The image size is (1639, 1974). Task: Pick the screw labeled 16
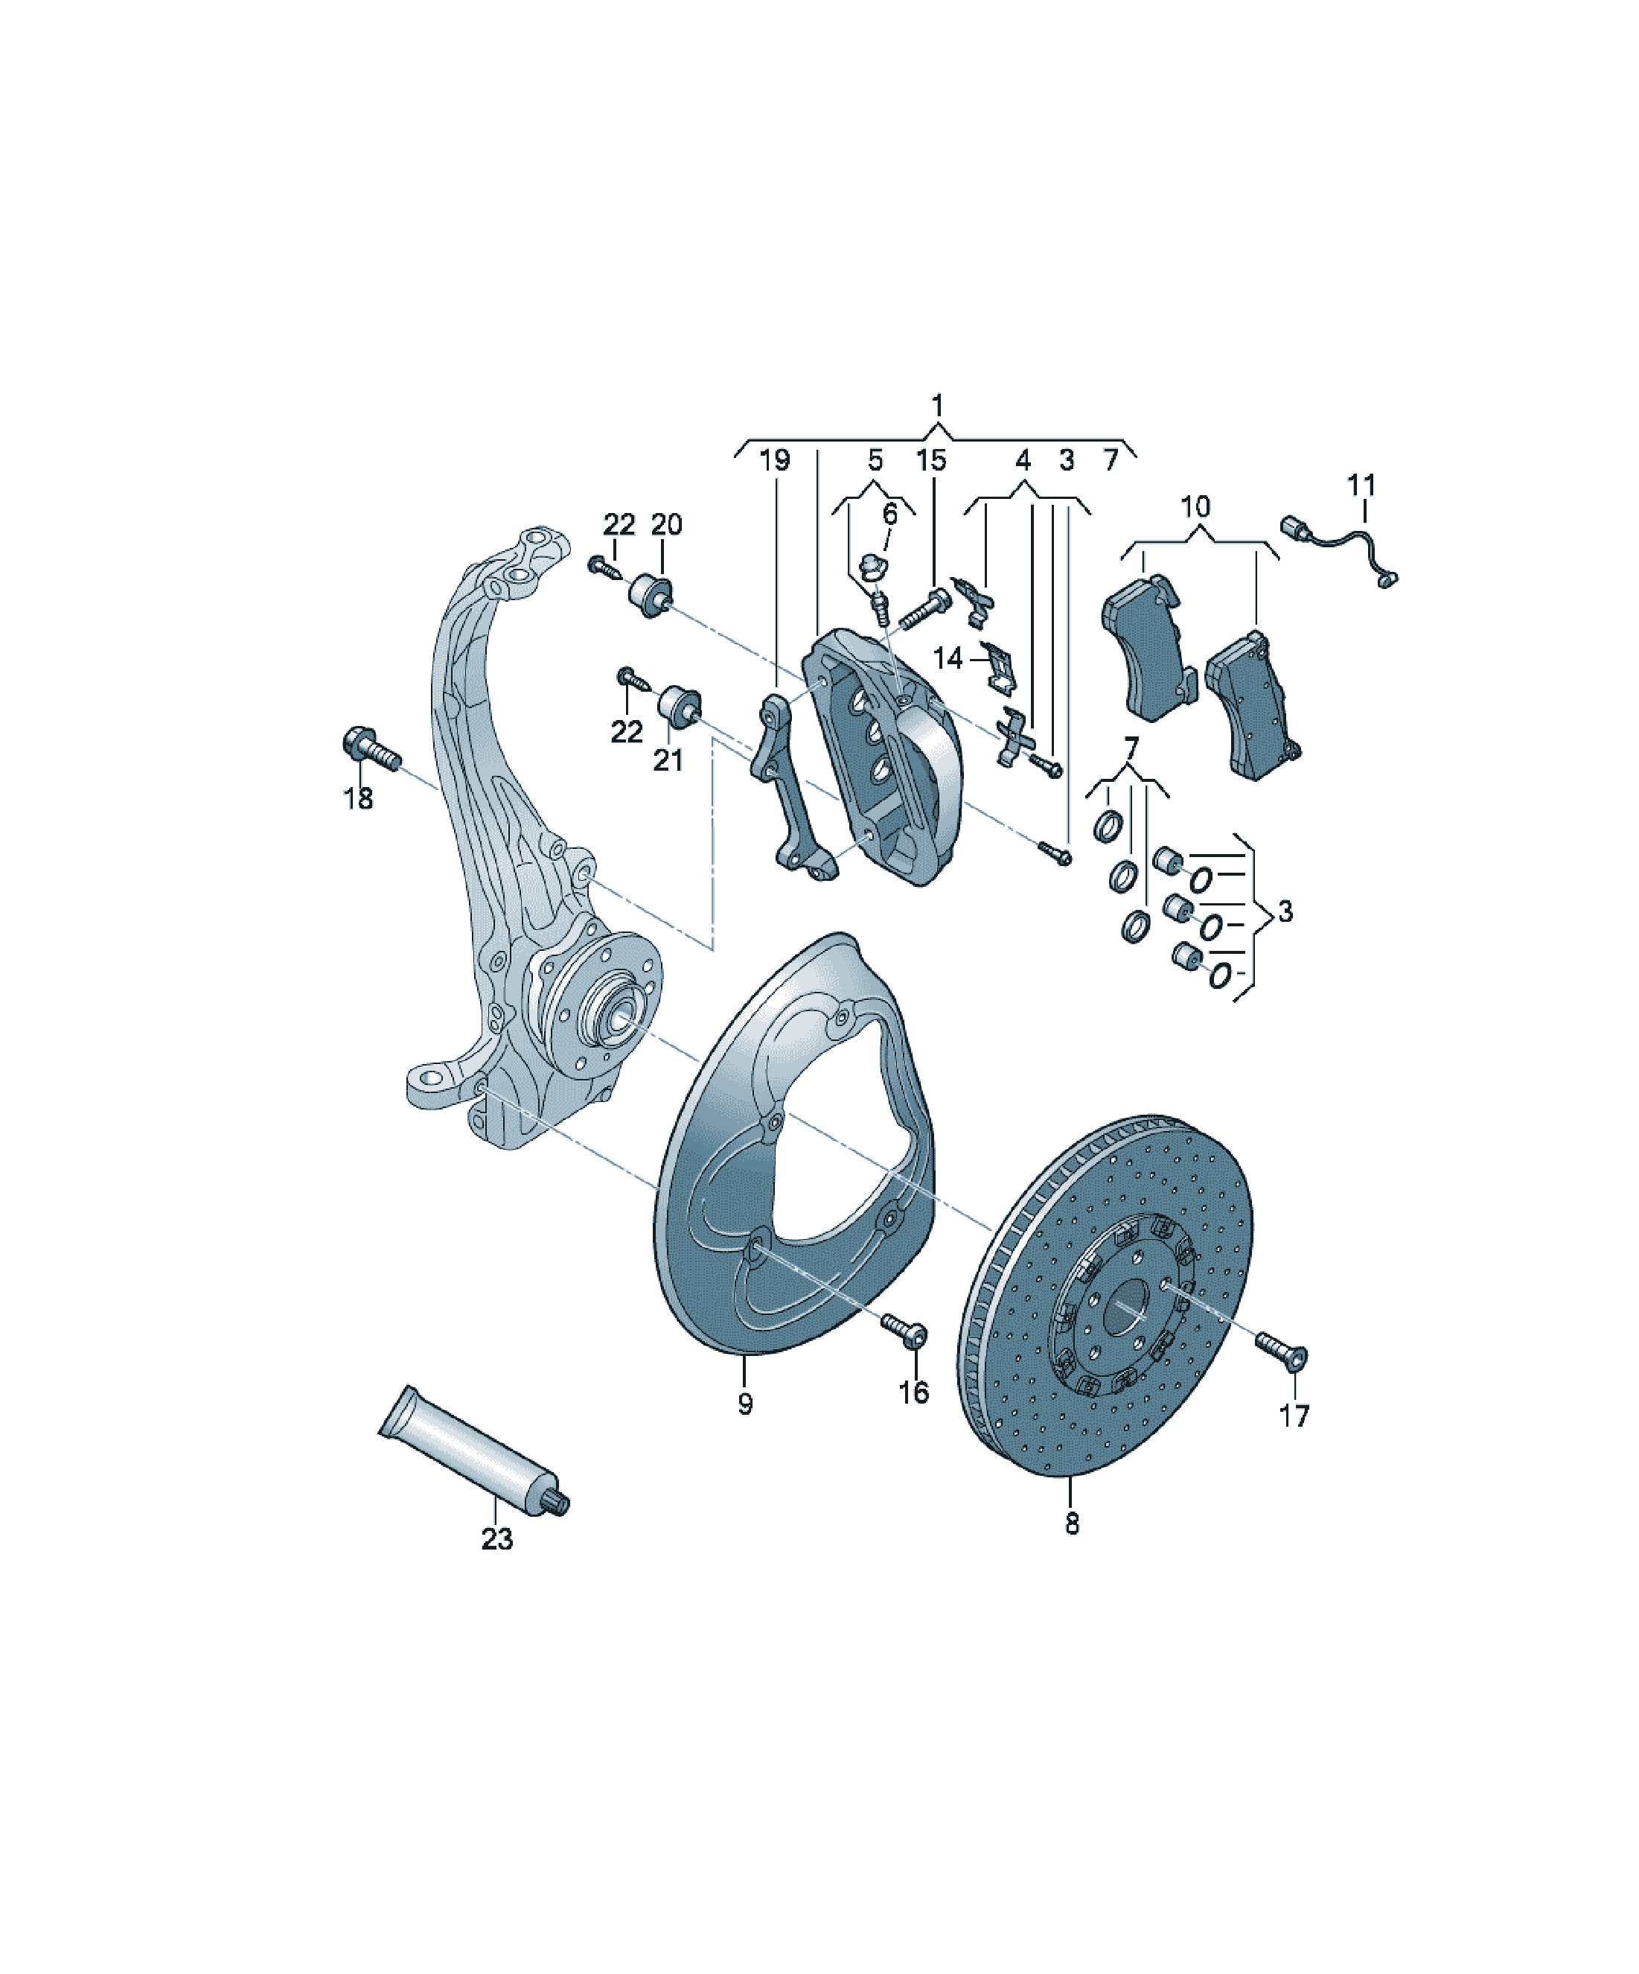point(904,1329)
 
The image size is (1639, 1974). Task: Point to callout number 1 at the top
point(937,406)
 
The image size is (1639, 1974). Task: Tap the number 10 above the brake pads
point(1195,506)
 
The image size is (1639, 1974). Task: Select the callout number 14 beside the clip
point(948,658)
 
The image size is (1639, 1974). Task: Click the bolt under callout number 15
point(924,609)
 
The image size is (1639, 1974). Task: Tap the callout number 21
point(668,759)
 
